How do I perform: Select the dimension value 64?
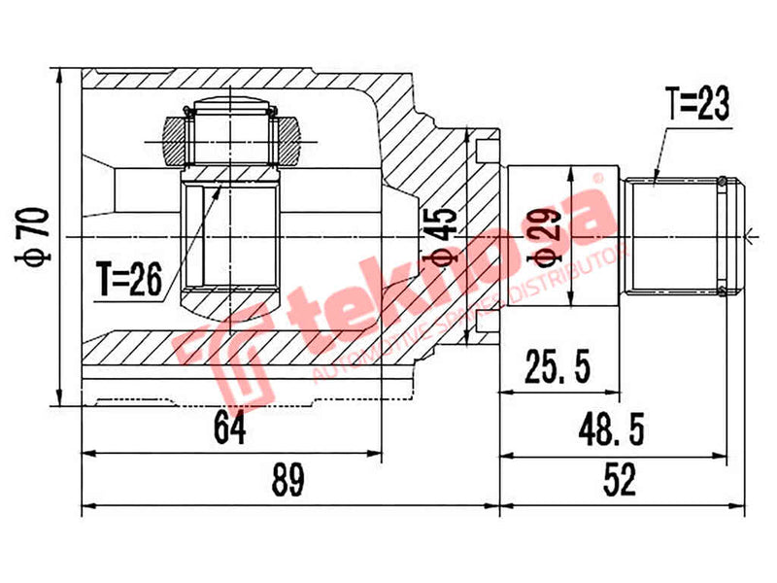pyautogui.click(x=229, y=426)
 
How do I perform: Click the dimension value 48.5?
pyautogui.click(x=617, y=426)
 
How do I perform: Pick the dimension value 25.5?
pyautogui.click(x=557, y=367)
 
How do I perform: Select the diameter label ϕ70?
pyautogui.click(x=35, y=238)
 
